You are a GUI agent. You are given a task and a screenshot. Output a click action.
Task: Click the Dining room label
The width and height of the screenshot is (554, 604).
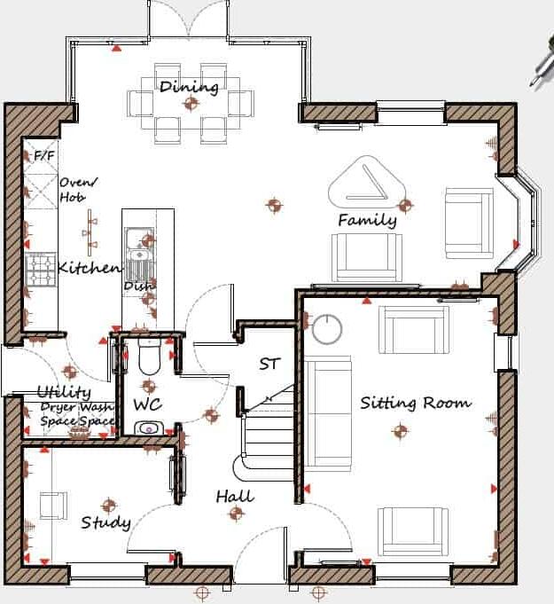pyautogui.click(x=189, y=87)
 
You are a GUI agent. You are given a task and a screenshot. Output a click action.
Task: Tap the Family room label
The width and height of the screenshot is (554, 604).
pyautogui.click(x=366, y=220)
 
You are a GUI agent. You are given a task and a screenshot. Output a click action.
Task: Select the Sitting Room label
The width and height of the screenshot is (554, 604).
pyautogui.click(x=415, y=403)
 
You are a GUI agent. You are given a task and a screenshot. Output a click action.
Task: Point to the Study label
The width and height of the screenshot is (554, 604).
pyautogui.click(x=105, y=522)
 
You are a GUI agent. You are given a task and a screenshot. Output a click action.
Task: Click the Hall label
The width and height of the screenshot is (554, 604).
pyautogui.click(x=234, y=497)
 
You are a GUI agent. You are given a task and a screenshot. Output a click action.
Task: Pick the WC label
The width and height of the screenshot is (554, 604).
pyautogui.click(x=146, y=404)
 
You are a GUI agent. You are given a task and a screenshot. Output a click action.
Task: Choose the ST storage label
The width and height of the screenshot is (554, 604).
pyautogui.click(x=269, y=364)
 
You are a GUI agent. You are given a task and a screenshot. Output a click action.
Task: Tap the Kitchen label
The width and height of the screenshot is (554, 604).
pyautogui.click(x=88, y=268)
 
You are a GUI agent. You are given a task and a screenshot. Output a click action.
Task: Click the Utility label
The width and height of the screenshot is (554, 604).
pyautogui.click(x=63, y=392)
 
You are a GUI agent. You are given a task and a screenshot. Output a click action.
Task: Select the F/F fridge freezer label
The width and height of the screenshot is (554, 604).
pyautogui.click(x=43, y=156)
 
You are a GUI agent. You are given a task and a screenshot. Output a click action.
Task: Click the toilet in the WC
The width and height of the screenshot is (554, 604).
pyautogui.click(x=149, y=357)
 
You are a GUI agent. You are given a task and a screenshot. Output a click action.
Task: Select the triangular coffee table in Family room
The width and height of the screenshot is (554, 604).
pyautogui.click(x=367, y=184)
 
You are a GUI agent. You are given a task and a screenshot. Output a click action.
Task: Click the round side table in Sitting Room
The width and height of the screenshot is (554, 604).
pyautogui.click(x=327, y=329)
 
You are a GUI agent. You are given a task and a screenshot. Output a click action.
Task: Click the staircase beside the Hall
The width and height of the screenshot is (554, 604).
pyautogui.click(x=266, y=435)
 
